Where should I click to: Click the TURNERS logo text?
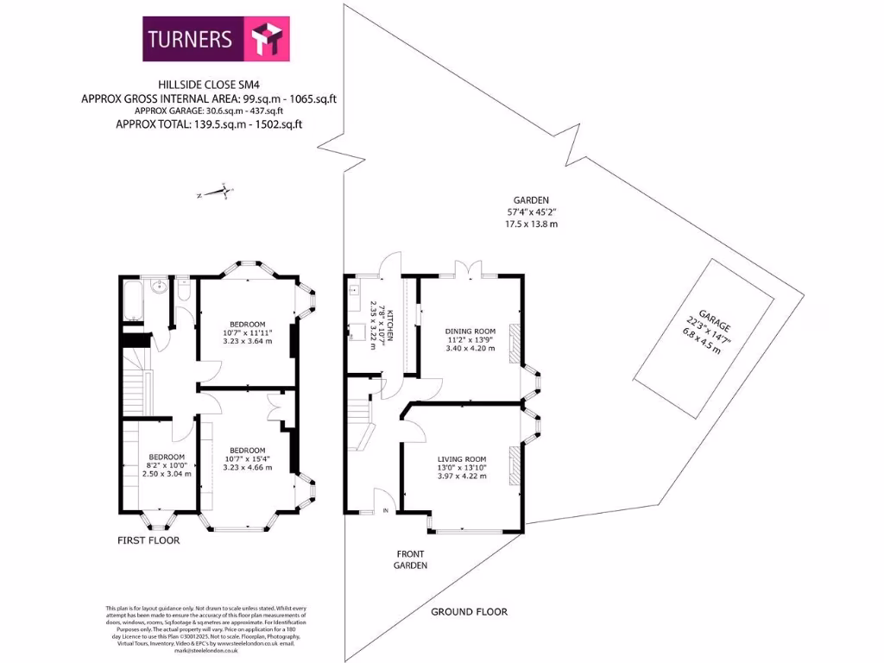coord(190,39)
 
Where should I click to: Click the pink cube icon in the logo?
coord(260,39)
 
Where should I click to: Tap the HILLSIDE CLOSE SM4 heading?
coord(208,85)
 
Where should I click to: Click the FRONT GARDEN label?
coord(411,559)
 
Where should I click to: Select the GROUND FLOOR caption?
coord(469,612)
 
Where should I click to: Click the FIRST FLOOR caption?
coord(148,540)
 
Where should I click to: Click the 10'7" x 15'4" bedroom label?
coord(248,451)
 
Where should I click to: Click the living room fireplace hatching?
coord(515,466)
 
